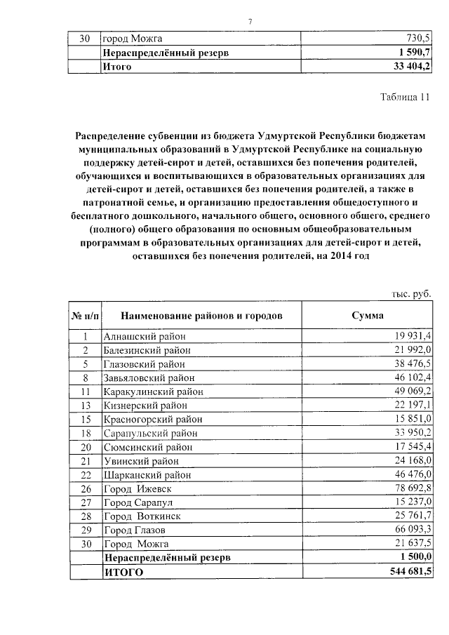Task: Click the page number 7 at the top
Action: pyautogui.click(x=250, y=20)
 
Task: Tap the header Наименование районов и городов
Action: pyautogui.click(x=201, y=315)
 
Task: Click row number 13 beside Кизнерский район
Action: pyautogui.click(x=85, y=405)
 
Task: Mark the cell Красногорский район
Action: pyautogui.click(x=152, y=418)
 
